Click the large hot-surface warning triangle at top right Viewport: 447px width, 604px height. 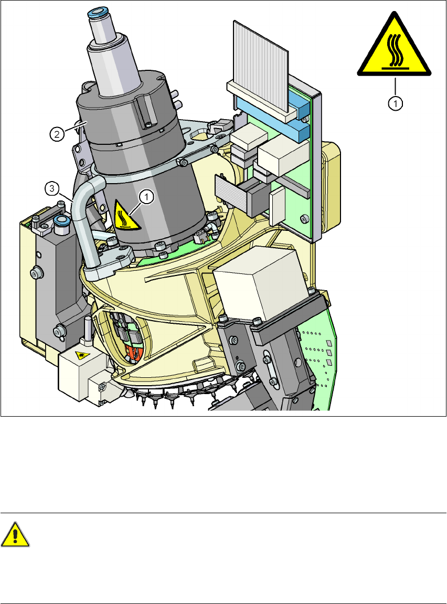tap(395, 46)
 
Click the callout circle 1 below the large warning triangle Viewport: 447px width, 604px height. tap(396, 103)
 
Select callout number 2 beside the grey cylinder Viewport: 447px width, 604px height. tap(57, 134)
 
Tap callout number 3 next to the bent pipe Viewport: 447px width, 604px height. tap(52, 189)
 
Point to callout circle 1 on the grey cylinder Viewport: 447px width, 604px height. tap(146, 196)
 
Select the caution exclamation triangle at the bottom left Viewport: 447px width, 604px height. tap(15, 535)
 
